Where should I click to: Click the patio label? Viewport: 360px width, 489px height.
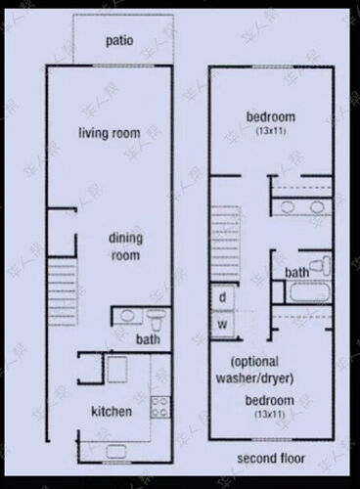coord(119,41)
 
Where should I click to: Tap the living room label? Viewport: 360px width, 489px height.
coord(110,133)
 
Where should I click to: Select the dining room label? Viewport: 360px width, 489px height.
coord(125,246)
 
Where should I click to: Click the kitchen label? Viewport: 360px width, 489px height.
coord(112,412)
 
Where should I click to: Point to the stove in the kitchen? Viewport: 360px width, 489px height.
coord(160,407)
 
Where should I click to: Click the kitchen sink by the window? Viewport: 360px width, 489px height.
coord(116,451)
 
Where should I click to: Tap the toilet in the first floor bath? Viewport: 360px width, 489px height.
coord(156,319)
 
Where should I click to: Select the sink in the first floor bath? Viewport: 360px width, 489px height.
coord(127,316)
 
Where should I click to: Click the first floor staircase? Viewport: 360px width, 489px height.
coord(63,291)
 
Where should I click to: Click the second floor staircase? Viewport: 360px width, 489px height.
coord(225,244)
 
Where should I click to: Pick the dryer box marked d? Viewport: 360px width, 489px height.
coord(222,297)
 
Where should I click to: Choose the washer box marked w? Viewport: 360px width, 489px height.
coord(222,324)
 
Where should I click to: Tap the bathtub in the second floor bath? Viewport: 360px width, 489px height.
coord(308,292)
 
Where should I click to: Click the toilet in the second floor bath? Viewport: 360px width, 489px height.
coord(320,265)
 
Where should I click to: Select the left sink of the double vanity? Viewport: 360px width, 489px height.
coord(288,207)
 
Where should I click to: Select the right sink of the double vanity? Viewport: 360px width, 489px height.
coord(317,207)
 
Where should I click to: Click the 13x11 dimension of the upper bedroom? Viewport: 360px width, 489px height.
coord(271,131)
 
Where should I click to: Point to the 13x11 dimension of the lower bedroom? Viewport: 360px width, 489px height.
coord(270,414)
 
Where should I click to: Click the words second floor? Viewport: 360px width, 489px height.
coord(271,459)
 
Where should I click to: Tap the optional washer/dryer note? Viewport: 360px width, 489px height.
coord(255,370)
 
